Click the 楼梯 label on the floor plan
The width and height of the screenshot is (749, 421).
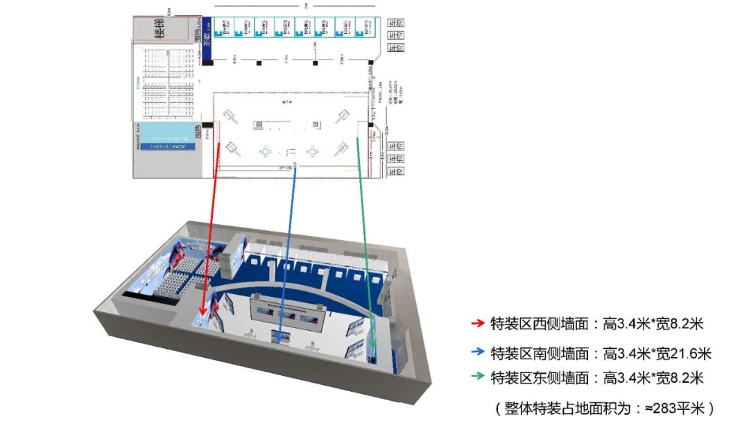click(160, 31)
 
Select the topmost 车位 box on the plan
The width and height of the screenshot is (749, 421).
click(395, 22)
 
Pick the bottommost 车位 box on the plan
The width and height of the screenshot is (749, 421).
click(395, 172)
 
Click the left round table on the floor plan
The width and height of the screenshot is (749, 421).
click(265, 151)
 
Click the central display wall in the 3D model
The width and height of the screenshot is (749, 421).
click(288, 314)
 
